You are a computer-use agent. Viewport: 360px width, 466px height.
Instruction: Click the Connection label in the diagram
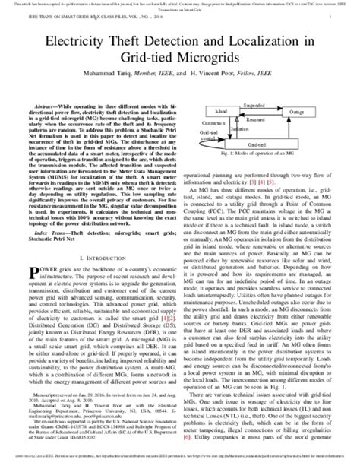coord(197,121)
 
